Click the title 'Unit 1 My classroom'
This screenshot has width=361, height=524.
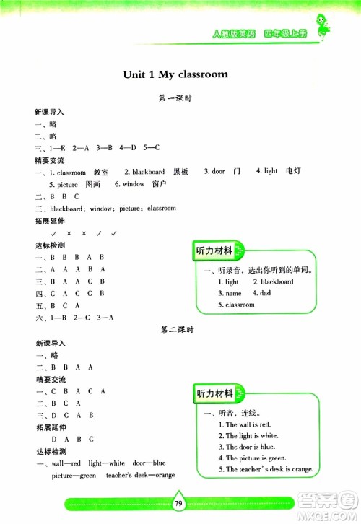tap(175, 74)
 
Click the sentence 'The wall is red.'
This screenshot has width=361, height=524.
tap(243, 424)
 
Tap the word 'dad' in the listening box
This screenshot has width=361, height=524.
tap(266, 294)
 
